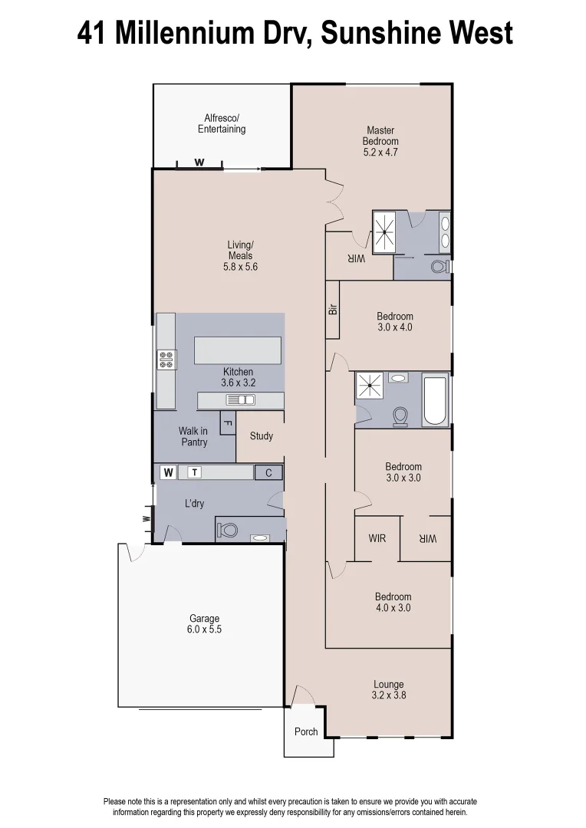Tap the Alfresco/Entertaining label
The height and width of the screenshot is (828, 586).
222,123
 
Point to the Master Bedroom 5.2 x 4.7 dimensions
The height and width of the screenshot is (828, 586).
380,152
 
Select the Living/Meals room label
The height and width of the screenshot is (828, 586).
239,256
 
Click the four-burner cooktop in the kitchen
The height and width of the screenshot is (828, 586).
166,360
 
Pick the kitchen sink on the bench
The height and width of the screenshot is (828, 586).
241,399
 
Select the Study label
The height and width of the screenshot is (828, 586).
262,436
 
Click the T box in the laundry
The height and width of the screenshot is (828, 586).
196,472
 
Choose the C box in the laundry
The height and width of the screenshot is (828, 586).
268,473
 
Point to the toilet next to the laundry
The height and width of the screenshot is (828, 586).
226,530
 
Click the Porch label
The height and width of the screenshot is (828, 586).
306,731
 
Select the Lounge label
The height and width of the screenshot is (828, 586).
388,685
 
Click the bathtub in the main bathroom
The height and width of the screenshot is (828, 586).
435,400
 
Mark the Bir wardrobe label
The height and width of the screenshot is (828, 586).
332,309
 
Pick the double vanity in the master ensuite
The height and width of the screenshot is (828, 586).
445,232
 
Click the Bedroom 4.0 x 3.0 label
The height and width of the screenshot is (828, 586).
393,602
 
